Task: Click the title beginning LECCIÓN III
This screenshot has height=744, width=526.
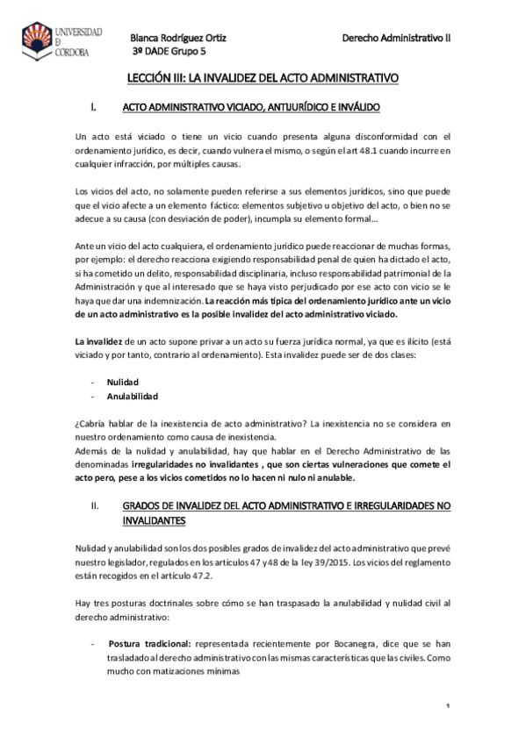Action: coord(263,78)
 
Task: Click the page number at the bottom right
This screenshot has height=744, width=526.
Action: coord(447,707)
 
